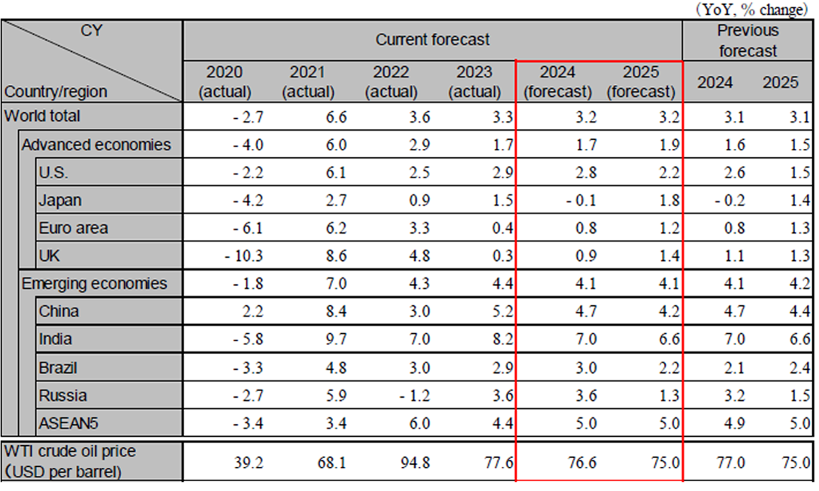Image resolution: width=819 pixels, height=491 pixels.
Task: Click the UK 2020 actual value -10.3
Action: point(243,256)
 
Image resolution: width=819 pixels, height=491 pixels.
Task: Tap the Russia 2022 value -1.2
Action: point(412,396)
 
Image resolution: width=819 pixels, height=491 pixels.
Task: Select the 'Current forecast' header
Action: point(432,39)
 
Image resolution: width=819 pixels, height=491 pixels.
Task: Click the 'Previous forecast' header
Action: point(747,41)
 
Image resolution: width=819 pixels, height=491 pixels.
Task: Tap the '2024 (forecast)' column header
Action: point(557,82)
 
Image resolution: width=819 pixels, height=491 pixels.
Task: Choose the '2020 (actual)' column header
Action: point(224,82)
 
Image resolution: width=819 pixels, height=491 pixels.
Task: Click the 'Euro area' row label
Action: point(74,228)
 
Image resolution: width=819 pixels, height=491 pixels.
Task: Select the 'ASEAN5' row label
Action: point(69,423)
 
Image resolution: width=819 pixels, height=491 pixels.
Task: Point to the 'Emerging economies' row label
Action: point(94,283)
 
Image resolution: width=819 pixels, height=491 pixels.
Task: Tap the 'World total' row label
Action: point(42,117)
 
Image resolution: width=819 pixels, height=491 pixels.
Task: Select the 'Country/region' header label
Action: point(56,92)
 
